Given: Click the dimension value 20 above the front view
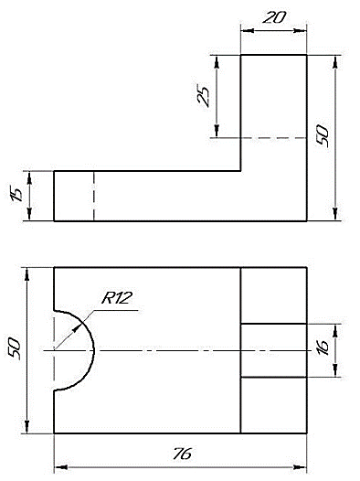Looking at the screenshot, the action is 274,17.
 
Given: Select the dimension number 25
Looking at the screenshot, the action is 204,95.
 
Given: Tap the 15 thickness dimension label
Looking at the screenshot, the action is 16,194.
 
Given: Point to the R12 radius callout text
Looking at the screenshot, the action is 117,298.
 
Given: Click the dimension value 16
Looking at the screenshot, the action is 323,347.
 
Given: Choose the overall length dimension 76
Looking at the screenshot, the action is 183,454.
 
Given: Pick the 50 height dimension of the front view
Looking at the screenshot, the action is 323,135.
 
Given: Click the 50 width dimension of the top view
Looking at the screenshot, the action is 14,349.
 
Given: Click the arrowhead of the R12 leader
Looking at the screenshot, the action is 76,329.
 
